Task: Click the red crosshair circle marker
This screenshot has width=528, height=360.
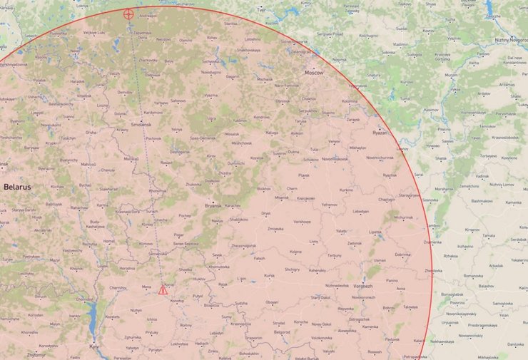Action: tap(128, 14)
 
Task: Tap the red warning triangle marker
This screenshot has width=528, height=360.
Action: tap(163, 290)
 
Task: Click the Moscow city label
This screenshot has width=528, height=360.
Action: tap(314, 73)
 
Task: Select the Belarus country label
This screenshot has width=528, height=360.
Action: tap(17, 187)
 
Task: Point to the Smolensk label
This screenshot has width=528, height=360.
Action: tap(141, 124)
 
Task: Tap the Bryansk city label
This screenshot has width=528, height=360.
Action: tap(213, 205)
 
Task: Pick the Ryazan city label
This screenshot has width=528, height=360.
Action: tap(380, 133)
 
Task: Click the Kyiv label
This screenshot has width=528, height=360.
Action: tap(94, 346)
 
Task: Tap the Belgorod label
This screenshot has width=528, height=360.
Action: tap(283, 331)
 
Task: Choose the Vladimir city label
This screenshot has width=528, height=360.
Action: tap(400, 44)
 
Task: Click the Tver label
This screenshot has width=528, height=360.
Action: tap(261, 11)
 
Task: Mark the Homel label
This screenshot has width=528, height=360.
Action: tap(108, 241)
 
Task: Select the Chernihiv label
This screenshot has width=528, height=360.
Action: tap(118, 288)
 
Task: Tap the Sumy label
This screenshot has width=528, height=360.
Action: tap(227, 317)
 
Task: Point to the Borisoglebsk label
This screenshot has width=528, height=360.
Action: tap(452, 294)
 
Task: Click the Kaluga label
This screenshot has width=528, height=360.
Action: tap(272, 133)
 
